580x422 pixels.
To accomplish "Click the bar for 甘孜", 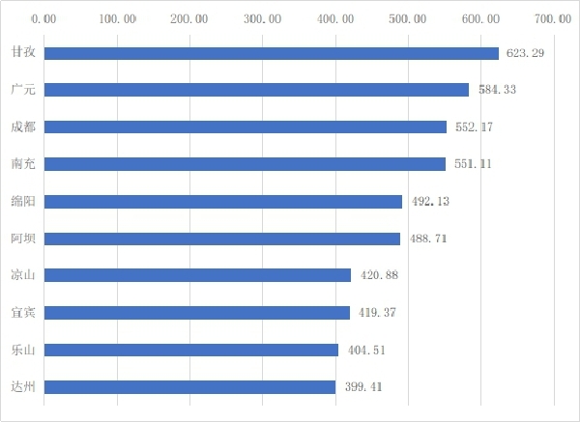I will [271, 53].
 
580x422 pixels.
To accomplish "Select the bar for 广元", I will [256, 90].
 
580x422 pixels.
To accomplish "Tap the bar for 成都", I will [246, 127].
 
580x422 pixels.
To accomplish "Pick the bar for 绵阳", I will [222, 202].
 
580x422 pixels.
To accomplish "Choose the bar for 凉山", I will [197, 275].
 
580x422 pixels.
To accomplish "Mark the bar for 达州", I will [189, 387].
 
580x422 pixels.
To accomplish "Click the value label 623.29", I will [526, 53].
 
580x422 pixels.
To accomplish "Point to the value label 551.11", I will [473, 164].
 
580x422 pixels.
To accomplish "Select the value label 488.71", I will [426, 239].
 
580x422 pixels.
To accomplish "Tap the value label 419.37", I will [377, 313].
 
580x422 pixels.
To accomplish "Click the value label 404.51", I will [365, 350].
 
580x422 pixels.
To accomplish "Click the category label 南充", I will [23, 164].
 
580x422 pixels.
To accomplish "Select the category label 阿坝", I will [23, 239].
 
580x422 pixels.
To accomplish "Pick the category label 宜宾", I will [23, 313].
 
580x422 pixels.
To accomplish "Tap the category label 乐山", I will [23, 350].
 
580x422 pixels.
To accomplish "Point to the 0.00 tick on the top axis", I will [44, 18].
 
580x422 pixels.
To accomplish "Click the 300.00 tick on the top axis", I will [262, 18].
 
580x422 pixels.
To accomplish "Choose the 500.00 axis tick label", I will [407, 18].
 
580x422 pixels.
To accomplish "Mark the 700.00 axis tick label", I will [552, 18].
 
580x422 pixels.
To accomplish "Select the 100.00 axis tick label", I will [117, 18].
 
